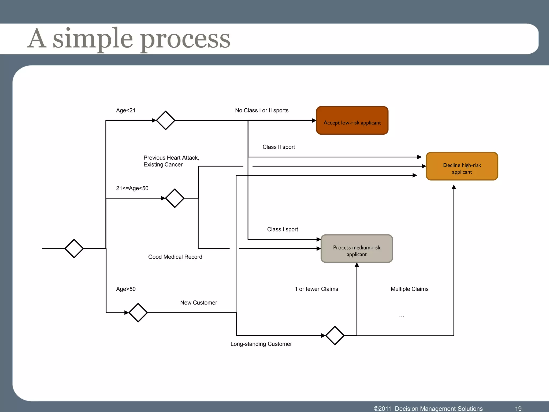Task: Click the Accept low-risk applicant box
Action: tap(352, 120)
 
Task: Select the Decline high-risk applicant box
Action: tap(462, 166)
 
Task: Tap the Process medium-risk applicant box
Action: tap(357, 249)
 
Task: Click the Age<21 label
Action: tap(126, 111)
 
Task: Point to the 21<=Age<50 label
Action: tap(132, 188)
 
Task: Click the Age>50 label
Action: tap(126, 289)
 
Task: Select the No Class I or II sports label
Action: tap(262, 111)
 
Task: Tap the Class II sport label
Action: tap(279, 147)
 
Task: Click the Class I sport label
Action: tap(283, 229)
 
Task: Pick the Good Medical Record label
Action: tap(175, 257)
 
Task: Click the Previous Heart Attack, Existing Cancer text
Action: tap(171, 161)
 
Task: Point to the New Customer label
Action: tap(198, 303)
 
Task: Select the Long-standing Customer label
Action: tap(261, 344)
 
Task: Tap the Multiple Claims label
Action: tap(409, 289)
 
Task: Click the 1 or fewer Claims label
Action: tap(316, 289)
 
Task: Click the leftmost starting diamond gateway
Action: tap(74, 249)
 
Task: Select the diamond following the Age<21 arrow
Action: tap(165, 120)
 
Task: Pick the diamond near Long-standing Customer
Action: tap(335, 336)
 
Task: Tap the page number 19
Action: tap(518, 409)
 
